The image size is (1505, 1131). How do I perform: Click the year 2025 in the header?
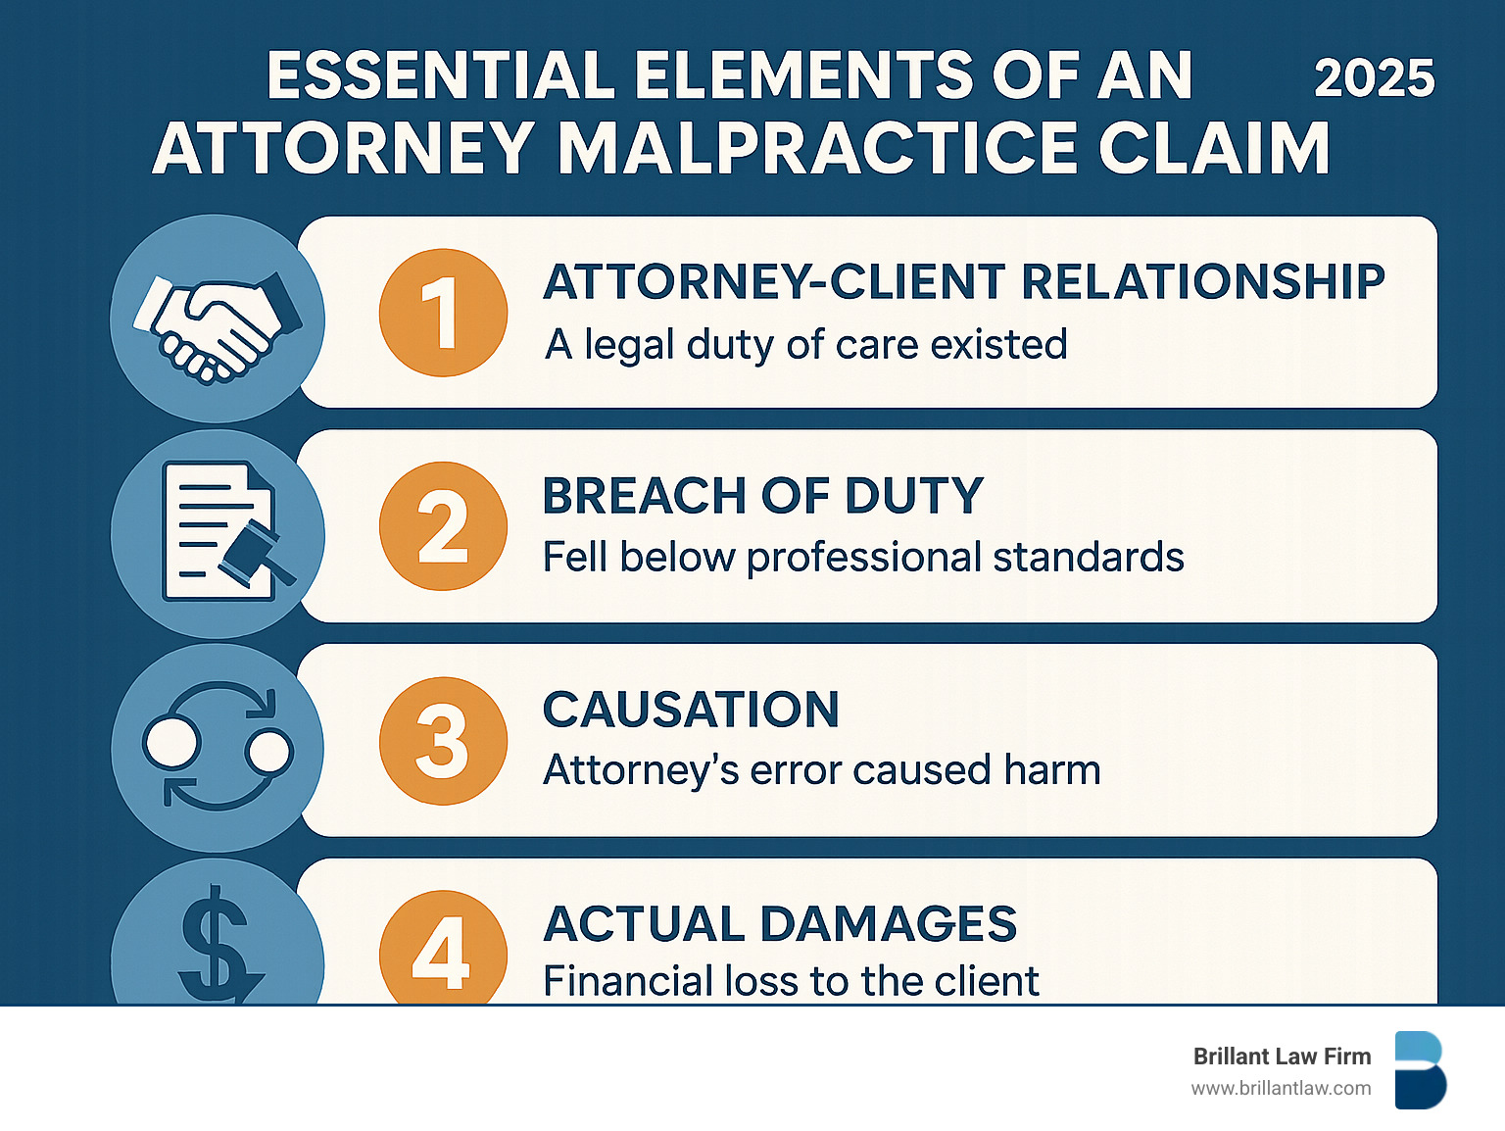tap(1374, 78)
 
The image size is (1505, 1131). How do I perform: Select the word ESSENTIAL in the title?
tap(441, 76)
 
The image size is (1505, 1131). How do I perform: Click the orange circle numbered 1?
tap(443, 313)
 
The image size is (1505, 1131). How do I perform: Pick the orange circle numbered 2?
tap(443, 526)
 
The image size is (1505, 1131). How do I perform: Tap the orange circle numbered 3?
tap(443, 741)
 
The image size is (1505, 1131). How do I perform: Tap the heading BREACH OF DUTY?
tap(762, 496)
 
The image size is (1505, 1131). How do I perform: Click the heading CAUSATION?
tap(691, 710)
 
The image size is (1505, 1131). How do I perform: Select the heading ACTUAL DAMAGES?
tap(780, 924)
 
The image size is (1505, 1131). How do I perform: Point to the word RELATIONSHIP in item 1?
tap(1203, 282)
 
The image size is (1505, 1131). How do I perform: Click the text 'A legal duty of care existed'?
tap(805, 345)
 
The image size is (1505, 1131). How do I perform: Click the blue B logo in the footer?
tap(1420, 1070)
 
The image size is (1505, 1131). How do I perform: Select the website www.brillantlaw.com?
tap(1281, 1088)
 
